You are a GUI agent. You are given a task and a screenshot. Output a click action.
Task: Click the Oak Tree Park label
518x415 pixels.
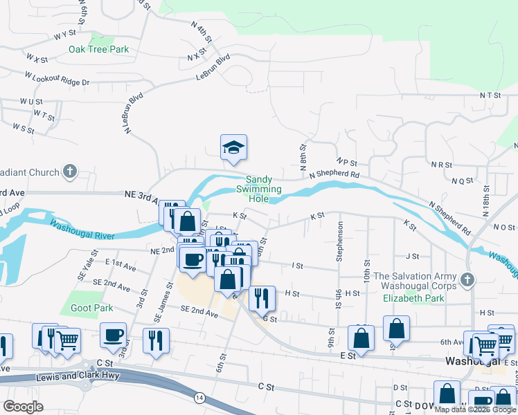(99, 49)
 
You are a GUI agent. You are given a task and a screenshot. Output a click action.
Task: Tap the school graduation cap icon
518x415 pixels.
(234, 147)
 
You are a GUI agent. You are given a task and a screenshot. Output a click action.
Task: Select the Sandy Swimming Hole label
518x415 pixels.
(259, 189)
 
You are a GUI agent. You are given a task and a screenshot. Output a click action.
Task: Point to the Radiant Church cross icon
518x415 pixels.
(69, 172)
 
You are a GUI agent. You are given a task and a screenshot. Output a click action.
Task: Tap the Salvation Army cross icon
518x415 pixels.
(467, 280)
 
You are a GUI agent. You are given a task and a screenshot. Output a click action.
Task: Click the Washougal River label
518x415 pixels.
(82, 230)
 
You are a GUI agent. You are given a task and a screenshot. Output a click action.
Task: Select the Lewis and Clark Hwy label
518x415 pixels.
(80, 376)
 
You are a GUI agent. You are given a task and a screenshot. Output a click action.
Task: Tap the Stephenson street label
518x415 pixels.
(340, 242)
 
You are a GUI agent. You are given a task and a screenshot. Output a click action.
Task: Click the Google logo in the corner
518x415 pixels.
(23, 407)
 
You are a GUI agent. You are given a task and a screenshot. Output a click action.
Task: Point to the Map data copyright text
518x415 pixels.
(476, 409)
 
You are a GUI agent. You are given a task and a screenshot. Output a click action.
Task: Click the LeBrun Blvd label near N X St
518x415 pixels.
(213, 66)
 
